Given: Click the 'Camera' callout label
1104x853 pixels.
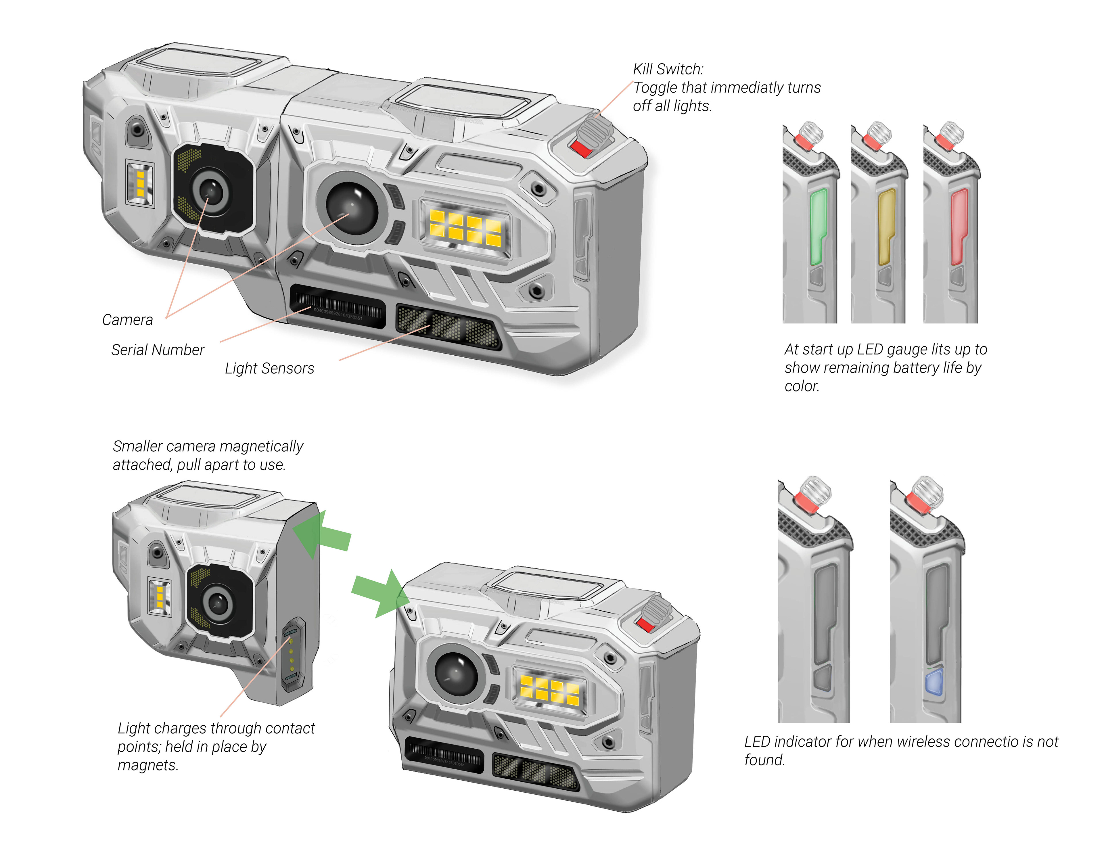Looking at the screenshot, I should (127, 320).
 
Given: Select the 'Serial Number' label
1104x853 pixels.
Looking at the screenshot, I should (158, 350).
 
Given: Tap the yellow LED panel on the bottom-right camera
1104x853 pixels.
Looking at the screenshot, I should (549, 689).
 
